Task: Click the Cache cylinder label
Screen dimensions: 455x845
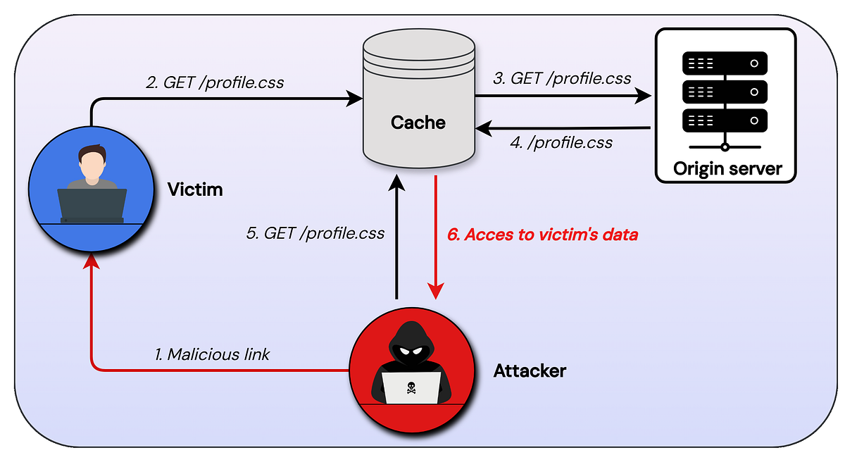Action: [418, 123]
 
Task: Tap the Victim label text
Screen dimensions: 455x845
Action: [195, 189]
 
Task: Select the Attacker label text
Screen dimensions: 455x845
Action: [530, 370]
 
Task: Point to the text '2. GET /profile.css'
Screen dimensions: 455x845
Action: [215, 82]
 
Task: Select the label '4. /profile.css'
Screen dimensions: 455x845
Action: [561, 143]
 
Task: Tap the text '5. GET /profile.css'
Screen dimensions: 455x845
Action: [315, 234]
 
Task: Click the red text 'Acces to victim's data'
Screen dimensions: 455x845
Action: [543, 235]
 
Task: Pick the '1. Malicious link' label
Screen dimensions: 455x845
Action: [212, 354]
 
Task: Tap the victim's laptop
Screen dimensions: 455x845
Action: [92, 204]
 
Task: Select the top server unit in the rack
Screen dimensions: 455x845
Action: [725, 64]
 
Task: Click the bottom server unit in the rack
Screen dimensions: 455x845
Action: [725, 120]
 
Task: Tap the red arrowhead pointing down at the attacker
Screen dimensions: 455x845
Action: [437, 291]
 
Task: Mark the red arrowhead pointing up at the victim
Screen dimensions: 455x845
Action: [91, 262]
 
